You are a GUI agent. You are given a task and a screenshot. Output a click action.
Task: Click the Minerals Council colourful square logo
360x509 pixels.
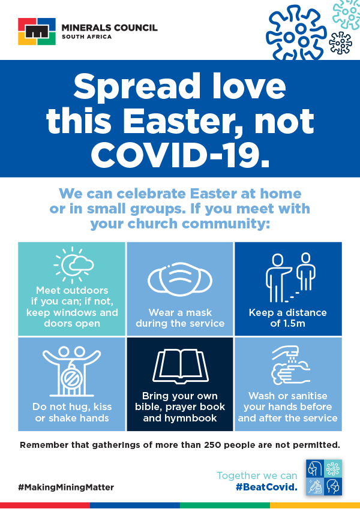click(37, 32)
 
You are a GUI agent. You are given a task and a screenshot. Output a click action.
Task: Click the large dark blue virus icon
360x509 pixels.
click(296, 33)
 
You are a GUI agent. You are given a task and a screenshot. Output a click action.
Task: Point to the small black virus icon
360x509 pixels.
click(340, 43)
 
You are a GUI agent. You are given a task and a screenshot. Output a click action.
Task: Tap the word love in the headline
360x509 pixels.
click(249, 86)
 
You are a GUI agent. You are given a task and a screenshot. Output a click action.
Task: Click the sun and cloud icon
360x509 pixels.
click(73, 265)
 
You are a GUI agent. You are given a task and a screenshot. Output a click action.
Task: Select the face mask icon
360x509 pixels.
click(179, 279)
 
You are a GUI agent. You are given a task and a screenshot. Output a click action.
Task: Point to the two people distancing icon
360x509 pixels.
click(290, 278)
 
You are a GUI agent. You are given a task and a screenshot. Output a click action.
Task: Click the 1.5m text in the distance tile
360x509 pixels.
click(296, 323)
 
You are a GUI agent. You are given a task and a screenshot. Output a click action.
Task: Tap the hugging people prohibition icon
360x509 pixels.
click(72, 371)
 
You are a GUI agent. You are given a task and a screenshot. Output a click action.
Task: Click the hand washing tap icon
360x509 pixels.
click(290, 366)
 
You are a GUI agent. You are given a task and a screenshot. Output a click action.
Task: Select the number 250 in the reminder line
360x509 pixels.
click(212, 445)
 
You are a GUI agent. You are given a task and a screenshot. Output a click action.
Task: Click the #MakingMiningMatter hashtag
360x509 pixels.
click(66, 487)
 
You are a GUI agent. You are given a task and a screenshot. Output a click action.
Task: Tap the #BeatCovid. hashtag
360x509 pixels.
click(266, 487)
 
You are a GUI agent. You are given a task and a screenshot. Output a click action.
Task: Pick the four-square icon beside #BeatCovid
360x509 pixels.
click(324, 477)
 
